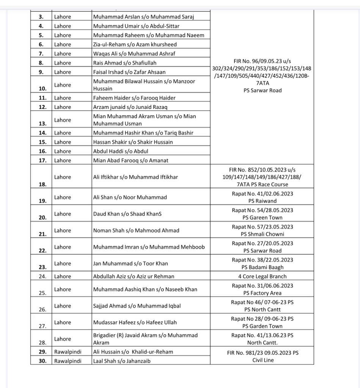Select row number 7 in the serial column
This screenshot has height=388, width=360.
pos(41,53)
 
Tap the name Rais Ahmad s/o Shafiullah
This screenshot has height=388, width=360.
pos(125,63)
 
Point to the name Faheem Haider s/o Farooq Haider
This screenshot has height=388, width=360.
pos(134,98)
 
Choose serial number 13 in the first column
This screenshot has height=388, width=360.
pos(42,123)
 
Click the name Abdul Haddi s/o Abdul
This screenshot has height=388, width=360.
pos(121,151)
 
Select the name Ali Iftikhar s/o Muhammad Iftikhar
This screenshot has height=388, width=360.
pos(135,177)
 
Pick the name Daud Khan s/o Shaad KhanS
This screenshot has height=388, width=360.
pos(127,214)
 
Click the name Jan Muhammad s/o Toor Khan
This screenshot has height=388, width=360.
pos(130,263)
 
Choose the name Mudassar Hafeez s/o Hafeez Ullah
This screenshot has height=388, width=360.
pos(135,322)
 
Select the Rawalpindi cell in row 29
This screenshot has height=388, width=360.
pos(68,352)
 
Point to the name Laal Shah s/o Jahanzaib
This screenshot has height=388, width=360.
pos(122,361)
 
